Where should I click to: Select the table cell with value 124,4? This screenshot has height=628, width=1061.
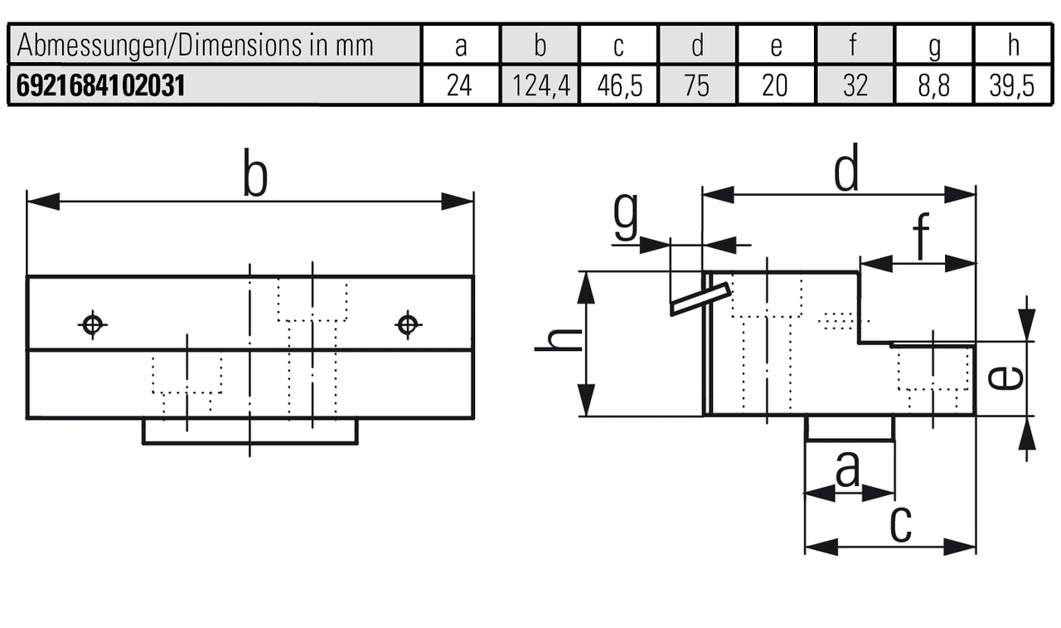pyautogui.click(x=540, y=86)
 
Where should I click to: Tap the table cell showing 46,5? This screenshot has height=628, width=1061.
pyautogui.click(x=618, y=86)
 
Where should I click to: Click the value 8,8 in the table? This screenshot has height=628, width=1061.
pyautogui.click(x=934, y=86)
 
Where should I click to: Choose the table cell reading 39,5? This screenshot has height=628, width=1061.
pyautogui.click(x=1013, y=86)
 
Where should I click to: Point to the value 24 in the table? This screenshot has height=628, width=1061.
pyautogui.click(x=461, y=86)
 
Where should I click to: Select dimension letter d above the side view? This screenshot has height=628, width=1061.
pyautogui.click(x=845, y=170)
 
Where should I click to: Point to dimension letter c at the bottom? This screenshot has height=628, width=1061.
pyautogui.click(x=900, y=523)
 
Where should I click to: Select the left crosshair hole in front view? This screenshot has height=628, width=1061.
pyautogui.click(x=92, y=324)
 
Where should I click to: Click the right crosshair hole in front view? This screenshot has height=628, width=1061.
pyautogui.click(x=406, y=324)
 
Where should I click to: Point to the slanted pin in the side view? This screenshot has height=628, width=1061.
pyautogui.click(x=700, y=299)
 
